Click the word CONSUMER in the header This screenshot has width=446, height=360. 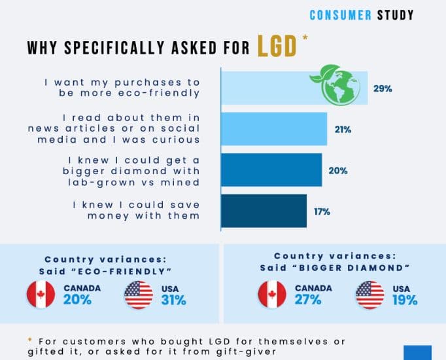(340, 15)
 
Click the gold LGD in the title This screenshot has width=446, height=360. (277, 46)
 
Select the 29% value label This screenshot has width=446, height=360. (383, 89)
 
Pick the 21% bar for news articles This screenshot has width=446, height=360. (274, 129)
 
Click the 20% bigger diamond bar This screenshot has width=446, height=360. (271, 170)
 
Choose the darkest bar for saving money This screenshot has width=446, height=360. (264, 211)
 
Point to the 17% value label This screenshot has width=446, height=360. (322, 211)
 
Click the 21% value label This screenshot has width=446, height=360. (343, 130)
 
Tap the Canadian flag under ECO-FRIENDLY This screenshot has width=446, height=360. (41, 295)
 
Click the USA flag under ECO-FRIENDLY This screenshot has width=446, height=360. (139, 295)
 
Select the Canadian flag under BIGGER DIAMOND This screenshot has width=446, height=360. (272, 295)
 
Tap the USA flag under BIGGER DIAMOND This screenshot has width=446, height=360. (370, 295)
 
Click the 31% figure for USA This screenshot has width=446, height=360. (174, 300)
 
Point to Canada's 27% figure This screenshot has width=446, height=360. (308, 300)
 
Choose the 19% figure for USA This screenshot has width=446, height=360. (405, 300)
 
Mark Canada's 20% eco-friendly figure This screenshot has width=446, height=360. (77, 300)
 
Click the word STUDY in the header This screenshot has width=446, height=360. (396, 15)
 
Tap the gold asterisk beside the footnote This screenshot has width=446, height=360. (29, 339)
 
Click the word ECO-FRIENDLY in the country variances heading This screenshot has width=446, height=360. (121, 271)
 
